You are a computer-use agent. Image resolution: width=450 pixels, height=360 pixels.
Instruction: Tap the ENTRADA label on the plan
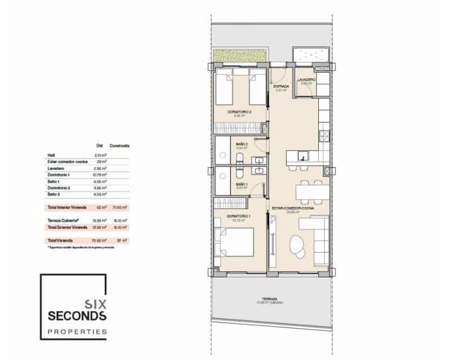click(x=281, y=87)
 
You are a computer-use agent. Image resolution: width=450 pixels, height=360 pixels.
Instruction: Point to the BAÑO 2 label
click(x=241, y=145)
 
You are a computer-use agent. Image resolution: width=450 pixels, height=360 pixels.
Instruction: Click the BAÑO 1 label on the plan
click(x=241, y=184)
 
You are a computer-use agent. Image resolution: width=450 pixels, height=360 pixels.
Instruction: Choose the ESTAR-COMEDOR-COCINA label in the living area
click(x=292, y=208)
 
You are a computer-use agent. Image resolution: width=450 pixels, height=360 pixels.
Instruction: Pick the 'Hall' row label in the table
click(x=52, y=155)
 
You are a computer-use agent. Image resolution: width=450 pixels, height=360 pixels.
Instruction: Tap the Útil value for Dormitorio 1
click(x=102, y=174)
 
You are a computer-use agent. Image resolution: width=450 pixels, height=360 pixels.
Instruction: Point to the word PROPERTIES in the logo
click(x=78, y=332)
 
